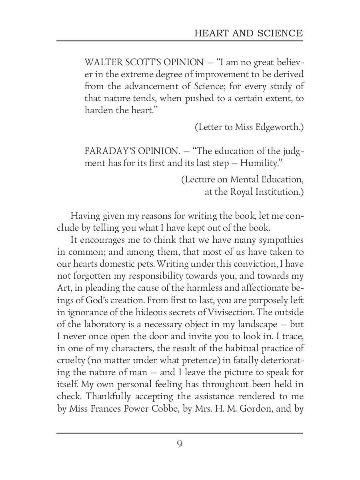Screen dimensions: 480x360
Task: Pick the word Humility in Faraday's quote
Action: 260,163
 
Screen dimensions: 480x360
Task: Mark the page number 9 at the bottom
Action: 180,444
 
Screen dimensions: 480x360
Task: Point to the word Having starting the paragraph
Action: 85,216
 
